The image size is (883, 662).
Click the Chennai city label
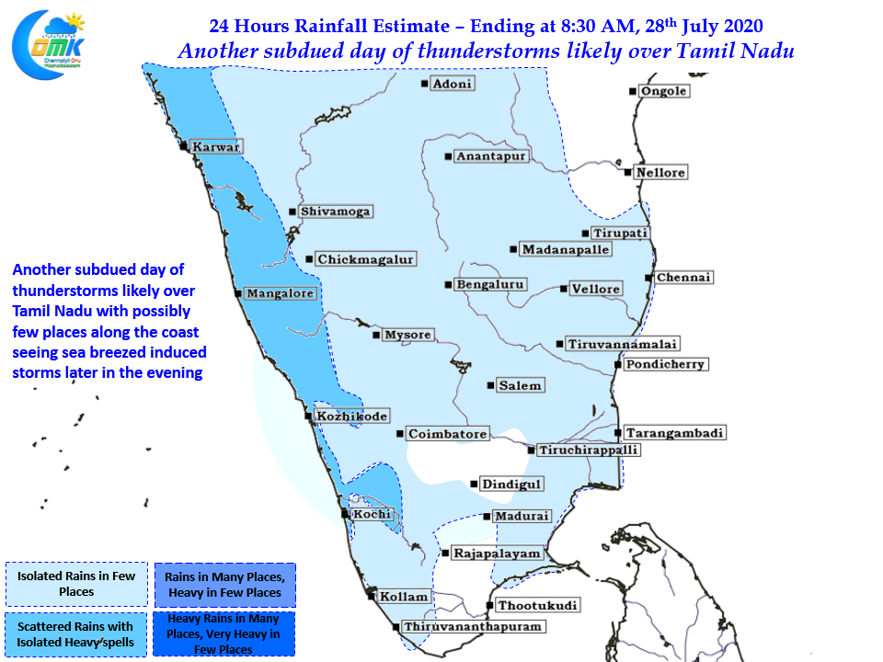[684, 278]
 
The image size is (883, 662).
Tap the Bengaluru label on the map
[491, 285]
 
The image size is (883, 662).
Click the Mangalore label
[281, 294]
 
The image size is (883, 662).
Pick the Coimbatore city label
[447, 434]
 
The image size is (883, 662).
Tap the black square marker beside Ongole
[633, 91]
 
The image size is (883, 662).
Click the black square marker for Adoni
[425, 84]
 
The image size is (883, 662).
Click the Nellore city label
[661, 173]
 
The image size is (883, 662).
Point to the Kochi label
[373, 514]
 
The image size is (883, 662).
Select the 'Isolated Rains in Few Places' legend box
[76, 584]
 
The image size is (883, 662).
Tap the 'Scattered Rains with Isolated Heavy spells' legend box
[75, 634]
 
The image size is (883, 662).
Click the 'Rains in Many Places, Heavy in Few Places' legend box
[224, 585]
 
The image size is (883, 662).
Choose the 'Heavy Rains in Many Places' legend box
[224, 634]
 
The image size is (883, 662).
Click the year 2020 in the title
[742, 24]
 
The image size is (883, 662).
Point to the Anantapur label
[490, 156]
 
